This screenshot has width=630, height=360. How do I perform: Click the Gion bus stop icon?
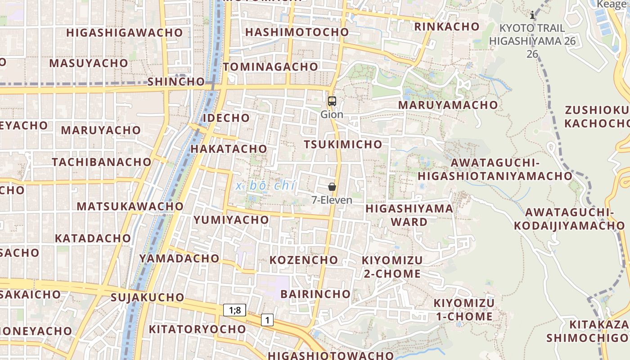click(332, 101)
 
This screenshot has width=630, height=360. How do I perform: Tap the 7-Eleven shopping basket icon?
click(332, 187)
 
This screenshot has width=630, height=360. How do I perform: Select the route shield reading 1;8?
click(235, 310)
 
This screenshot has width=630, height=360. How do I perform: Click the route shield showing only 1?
click(267, 320)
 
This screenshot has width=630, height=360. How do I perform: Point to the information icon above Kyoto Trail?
click(533, 15)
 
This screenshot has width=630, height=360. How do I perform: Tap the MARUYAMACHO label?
click(448, 105)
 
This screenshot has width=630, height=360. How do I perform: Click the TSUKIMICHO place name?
click(343, 144)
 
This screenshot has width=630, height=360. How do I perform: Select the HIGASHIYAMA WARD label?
click(409, 215)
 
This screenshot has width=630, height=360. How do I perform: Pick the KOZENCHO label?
click(303, 260)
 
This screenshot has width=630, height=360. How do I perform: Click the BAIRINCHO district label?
click(315, 294)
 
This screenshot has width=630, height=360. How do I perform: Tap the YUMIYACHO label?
click(231, 220)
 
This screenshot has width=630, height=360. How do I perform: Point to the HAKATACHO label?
click(229, 148)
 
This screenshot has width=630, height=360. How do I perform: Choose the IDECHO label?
click(226, 118)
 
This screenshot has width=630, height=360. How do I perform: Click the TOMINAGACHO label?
click(270, 67)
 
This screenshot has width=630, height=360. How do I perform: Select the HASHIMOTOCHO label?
click(297, 32)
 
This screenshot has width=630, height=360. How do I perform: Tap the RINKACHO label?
click(447, 27)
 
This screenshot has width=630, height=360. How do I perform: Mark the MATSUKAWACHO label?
click(130, 206)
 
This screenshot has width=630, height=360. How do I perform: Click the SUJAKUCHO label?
click(147, 297)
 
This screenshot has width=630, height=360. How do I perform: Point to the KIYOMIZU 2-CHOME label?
click(391, 267)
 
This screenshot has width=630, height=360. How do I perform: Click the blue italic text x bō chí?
click(265, 185)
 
